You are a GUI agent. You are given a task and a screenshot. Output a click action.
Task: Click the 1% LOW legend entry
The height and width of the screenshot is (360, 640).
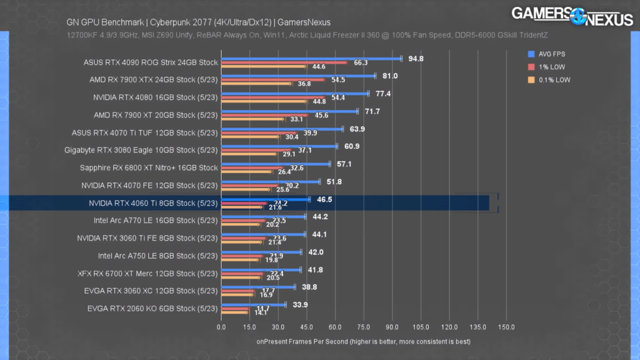550,67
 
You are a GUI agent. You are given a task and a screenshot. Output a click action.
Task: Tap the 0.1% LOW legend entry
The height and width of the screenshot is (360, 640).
553,80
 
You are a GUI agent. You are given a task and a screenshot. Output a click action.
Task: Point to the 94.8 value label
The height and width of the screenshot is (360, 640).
416,59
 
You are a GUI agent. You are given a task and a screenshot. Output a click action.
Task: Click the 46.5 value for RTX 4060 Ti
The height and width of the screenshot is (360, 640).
324,199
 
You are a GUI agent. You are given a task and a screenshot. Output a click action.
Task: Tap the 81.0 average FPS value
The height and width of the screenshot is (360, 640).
390,76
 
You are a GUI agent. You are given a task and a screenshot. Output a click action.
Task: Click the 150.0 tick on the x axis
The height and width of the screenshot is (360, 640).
506,327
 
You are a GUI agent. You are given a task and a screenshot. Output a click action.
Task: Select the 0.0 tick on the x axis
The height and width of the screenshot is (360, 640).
221,327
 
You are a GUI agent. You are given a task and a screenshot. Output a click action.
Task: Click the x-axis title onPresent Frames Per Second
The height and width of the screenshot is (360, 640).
362,342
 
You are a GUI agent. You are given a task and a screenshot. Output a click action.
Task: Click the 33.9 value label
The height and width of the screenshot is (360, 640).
301,304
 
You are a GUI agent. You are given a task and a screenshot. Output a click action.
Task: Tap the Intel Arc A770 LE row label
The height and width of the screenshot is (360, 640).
156,221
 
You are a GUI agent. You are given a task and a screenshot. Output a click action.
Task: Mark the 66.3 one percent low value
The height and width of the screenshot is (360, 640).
361,63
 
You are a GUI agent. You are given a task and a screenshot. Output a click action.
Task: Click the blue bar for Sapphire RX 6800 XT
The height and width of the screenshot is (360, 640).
275,164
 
